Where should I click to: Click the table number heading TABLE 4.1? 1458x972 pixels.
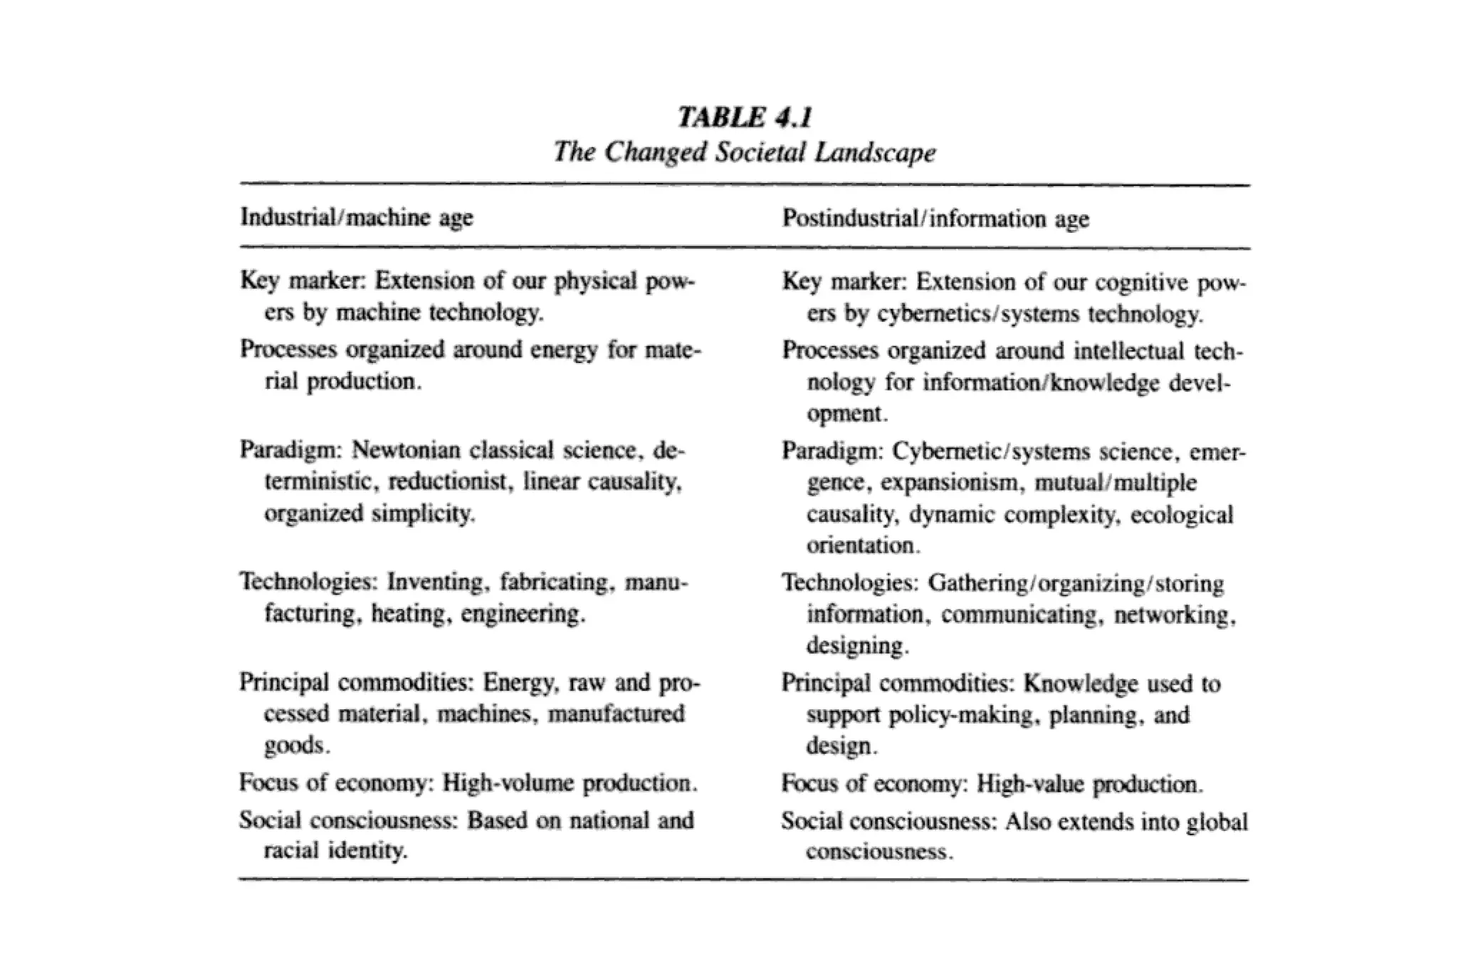pos(744,117)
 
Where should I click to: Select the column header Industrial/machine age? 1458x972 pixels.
pos(357,216)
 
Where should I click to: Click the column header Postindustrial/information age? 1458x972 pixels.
pos(935,218)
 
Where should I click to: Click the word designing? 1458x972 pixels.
pos(856,646)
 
